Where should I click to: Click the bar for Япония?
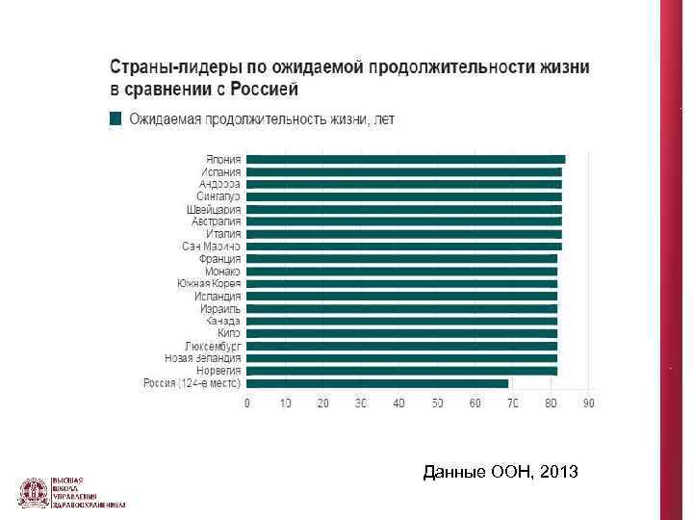(405, 159)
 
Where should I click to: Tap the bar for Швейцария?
(403, 209)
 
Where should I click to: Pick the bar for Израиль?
(401, 308)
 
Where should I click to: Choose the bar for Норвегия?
(401, 370)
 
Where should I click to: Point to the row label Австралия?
(216, 221)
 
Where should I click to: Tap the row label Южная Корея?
(209, 283)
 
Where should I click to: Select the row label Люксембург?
(213, 346)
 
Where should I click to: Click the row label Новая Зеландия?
(203, 358)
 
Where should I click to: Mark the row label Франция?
(219, 259)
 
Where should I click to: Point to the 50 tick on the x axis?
(437, 403)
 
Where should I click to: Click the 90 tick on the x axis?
(588, 403)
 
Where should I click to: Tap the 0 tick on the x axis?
(247, 403)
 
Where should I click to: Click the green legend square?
(115, 118)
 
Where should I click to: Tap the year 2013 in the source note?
(559, 473)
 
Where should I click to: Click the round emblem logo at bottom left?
(34, 492)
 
